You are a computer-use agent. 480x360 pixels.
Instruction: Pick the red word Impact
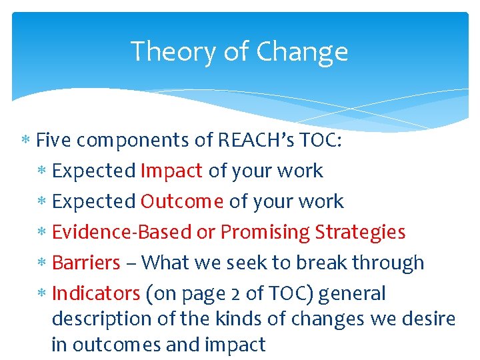pos(171,171)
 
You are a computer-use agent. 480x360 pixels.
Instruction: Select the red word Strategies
pos(360,232)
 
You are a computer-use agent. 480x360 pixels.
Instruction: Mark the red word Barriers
pos(86,263)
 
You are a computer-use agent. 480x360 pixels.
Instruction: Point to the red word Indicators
pos(95,293)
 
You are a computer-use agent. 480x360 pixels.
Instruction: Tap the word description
pos(101,319)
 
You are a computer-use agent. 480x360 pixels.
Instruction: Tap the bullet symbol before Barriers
pos(42,263)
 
